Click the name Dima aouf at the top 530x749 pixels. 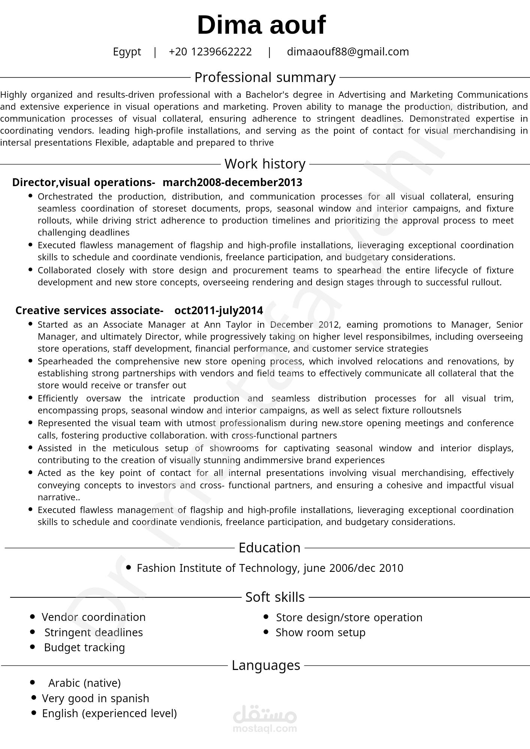(261, 25)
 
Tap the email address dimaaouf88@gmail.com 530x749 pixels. (347, 52)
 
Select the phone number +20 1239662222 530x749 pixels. (210, 52)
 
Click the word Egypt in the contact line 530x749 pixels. (127, 52)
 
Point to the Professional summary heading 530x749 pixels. (265, 78)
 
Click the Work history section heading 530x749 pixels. (265, 164)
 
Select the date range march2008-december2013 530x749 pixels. (232, 182)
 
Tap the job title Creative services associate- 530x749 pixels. (89, 310)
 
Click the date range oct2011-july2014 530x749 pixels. (219, 310)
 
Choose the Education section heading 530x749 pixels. (269, 548)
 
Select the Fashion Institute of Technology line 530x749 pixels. (270, 568)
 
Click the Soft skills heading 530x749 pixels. (275, 597)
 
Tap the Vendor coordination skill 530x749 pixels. (93, 617)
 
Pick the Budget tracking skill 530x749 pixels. (84, 648)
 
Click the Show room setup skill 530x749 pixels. (320, 633)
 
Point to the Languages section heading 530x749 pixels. (266, 665)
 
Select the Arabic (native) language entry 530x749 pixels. (84, 683)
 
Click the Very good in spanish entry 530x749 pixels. (96, 698)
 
